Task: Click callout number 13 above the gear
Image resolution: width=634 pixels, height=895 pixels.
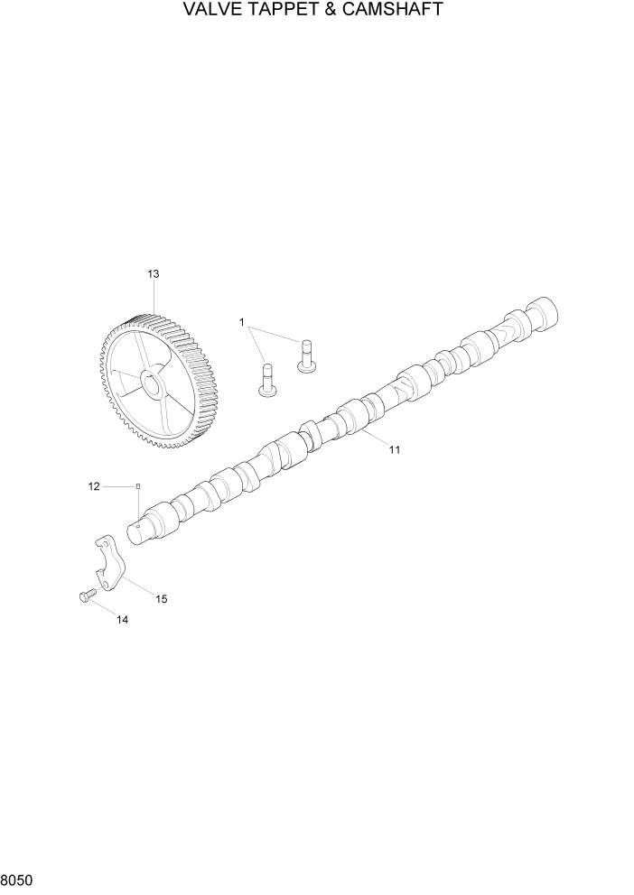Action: coord(153,273)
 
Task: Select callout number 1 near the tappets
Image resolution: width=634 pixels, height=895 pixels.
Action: coord(242,322)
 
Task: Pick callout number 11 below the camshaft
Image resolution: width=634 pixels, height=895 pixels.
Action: coord(394,448)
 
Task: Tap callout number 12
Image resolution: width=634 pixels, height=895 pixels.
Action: coord(94,487)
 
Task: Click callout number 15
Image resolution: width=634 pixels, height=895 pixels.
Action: coord(162,598)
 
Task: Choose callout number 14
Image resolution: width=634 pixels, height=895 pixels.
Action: coord(122,620)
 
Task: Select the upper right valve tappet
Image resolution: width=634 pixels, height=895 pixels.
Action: coord(306,353)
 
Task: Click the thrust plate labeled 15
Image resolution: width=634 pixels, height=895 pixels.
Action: coord(109,565)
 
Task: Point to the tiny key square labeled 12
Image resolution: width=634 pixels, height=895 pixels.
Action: coord(137,487)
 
